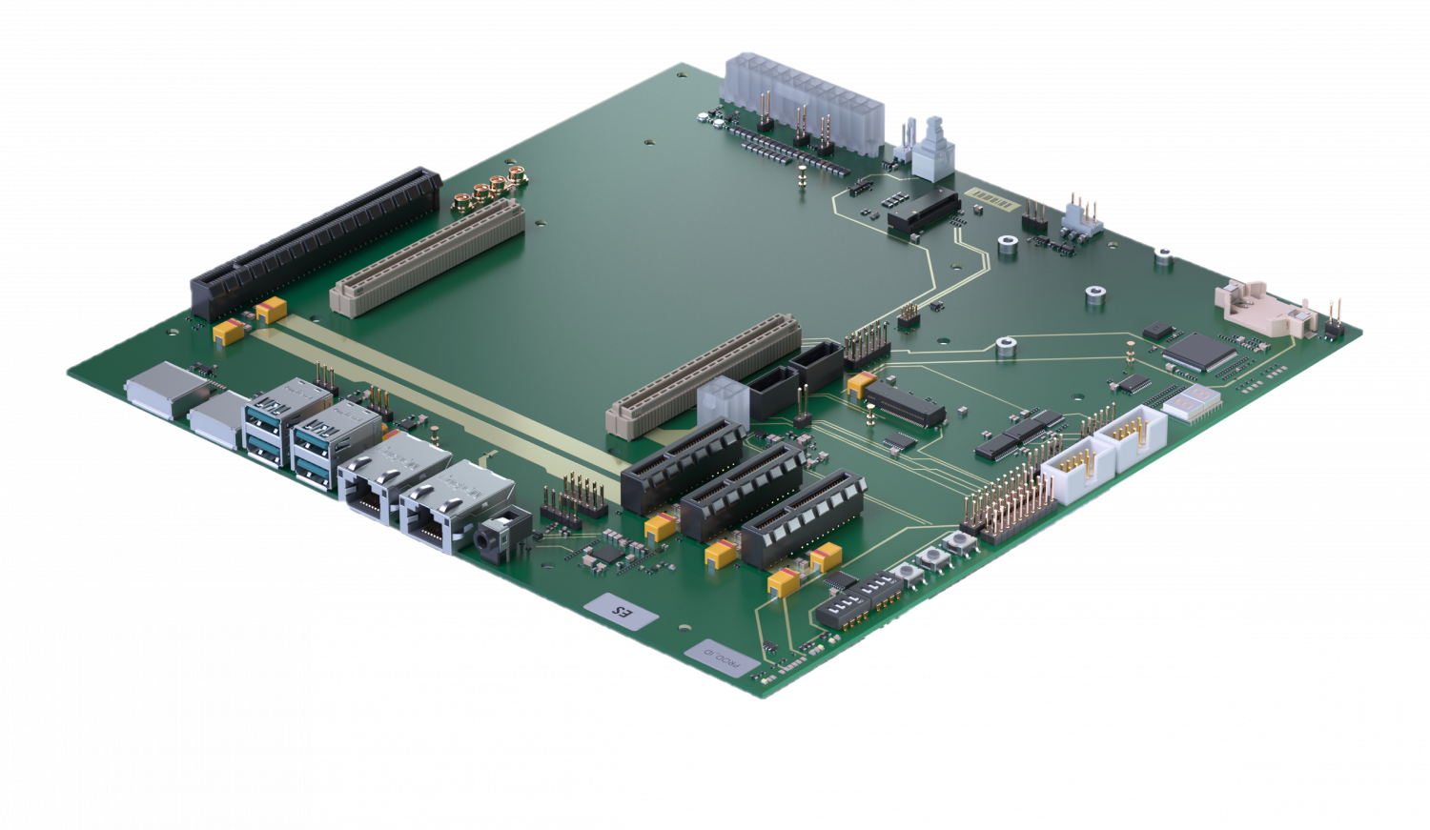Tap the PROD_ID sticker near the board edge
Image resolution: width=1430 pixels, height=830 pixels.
(x=722, y=658)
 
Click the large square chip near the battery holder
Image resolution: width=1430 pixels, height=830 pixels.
(x=1198, y=352)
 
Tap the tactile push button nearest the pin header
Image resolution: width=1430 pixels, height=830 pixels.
(x=956, y=545)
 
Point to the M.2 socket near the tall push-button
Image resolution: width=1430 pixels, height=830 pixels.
(x=922, y=212)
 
